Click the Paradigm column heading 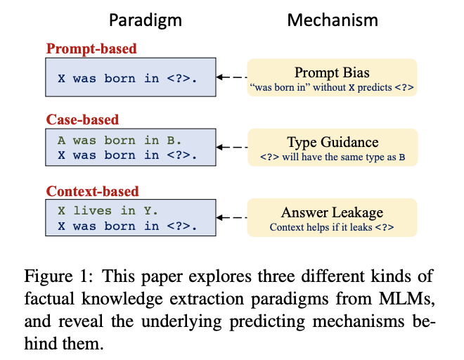coord(146,20)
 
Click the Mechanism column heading coord(333,20)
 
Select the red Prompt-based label coord(91,49)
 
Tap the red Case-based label coord(82,120)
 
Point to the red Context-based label coord(92,191)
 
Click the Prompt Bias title coord(332,72)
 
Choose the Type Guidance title coord(333,142)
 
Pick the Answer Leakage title coord(332,212)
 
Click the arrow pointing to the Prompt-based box coord(232,77)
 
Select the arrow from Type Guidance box coord(232,147)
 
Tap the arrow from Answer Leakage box coord(232,217)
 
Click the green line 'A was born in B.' coord(120,141)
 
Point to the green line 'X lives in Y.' coord(108,211)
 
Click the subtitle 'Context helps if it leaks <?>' coord(332,227)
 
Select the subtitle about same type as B coord(333,157)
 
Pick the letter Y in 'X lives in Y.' coord(148,211)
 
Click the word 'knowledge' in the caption coord(122,300)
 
